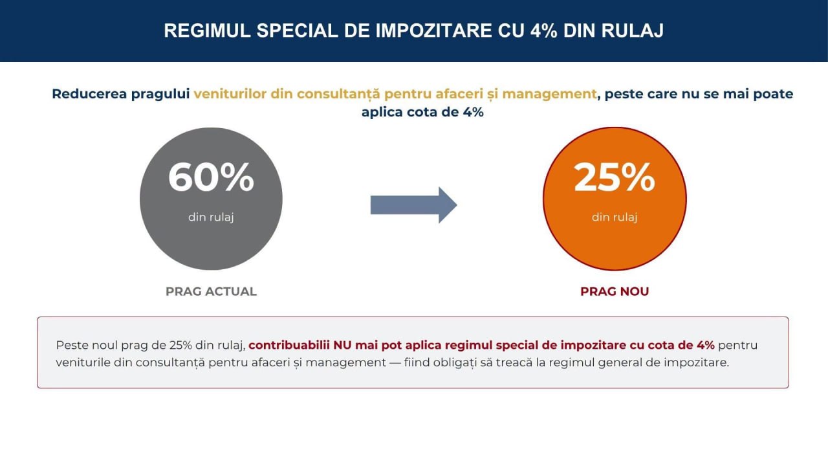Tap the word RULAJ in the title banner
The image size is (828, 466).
[632, 30]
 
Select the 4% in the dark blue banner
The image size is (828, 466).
[544, 30]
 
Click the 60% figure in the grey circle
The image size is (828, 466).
[211, 177]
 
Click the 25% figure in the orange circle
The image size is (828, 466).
[615, 177]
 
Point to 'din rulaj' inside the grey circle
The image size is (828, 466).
[211, 217]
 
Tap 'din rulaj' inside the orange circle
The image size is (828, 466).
[615, 217]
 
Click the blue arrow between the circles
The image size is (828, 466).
[413, 205]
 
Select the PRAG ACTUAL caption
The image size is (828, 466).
[211, 291]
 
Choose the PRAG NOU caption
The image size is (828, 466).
[615, 291]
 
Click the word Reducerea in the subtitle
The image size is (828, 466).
[89, 94]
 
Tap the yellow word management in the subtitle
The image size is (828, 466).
[549, 94]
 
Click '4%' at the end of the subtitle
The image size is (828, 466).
[473, 112]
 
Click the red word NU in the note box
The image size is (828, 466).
[342, 345]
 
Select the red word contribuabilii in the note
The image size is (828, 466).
[289, 345]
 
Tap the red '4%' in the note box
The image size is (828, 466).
[705, 345]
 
